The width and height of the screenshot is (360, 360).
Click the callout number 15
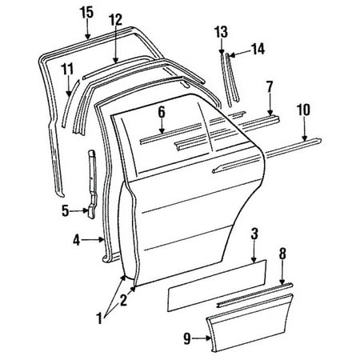(x=86, y=11)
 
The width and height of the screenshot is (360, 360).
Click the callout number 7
(x=270, y=85)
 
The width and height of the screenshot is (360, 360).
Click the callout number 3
(x=254, y=234)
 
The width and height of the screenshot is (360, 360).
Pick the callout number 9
(x=186, y=338)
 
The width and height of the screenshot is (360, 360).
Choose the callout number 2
(x=123, y=300)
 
